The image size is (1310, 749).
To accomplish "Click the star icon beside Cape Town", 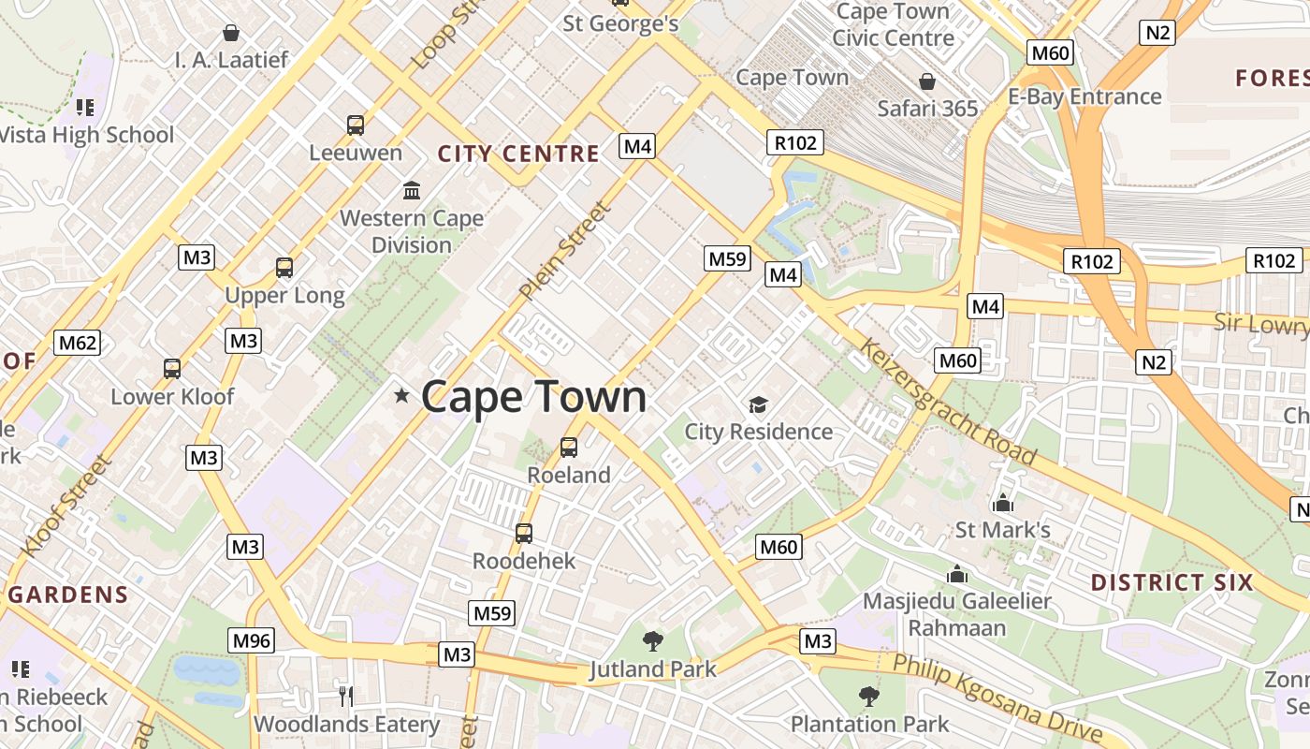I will pos(402,396).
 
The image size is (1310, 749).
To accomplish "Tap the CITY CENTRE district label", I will pos(518,154).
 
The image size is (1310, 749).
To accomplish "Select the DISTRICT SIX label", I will pos(1172,582).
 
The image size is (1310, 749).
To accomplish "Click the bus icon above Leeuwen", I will pos(356,125).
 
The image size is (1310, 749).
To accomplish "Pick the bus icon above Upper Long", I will pos(284,268).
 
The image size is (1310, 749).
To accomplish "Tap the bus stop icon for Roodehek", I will pos(524,534).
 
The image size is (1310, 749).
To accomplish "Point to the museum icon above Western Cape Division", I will pos(411,191).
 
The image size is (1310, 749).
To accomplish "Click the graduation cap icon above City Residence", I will pos(758,404).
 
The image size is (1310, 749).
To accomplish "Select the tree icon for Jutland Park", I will pos(653,641).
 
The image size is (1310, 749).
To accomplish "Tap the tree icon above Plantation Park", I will pos(869,696).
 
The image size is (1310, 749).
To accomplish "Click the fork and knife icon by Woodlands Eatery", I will pos(346,696).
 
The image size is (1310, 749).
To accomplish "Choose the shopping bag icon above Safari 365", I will pos(926,81).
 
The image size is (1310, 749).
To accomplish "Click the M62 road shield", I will pos(77,343).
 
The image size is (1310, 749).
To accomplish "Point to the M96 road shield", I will pos(252,640).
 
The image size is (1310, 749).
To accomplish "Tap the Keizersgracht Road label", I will pos(947,403).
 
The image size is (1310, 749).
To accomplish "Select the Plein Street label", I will pos(565,251).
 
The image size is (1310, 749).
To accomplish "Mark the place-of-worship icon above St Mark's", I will pos(1003,503).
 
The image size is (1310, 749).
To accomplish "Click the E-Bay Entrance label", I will pos(1084,96).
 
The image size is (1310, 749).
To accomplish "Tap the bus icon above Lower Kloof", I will pos(172,369).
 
